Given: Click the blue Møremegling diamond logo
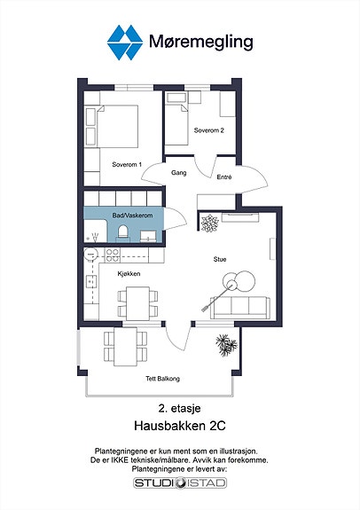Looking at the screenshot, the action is click(x=125, y=43).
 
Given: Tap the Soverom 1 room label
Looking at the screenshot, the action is click(x=127, y=165).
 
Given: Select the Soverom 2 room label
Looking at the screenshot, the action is click(x=208, y=130).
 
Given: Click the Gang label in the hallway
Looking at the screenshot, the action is click(x=179, y=173).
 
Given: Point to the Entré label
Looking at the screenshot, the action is click(x=224, y=177).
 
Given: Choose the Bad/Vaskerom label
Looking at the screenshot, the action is click(x=132, y=216).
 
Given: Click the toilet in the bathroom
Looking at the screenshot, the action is click(x=123, y=233).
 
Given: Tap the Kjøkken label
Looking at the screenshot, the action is click(x=129, y=274).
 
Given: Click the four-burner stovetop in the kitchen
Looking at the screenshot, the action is click(x=113, y=255).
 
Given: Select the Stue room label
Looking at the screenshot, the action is click(x=220, y=259).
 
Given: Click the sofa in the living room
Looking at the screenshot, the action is click(x=240, y=308).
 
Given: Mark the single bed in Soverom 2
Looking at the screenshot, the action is click(x=176, y=124).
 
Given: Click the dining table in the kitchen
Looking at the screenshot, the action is click(x=138, y=303).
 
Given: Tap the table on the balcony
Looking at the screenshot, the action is click(x=125, y=347).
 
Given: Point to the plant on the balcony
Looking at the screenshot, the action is click(x=226, y=345).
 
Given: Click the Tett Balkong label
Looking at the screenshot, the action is click(x=162, y=379).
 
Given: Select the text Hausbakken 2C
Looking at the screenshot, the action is click(x=180, y=426).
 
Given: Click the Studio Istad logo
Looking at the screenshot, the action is click(x=180, y=483).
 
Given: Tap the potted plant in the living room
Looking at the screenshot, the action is click(x=209, y=224).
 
